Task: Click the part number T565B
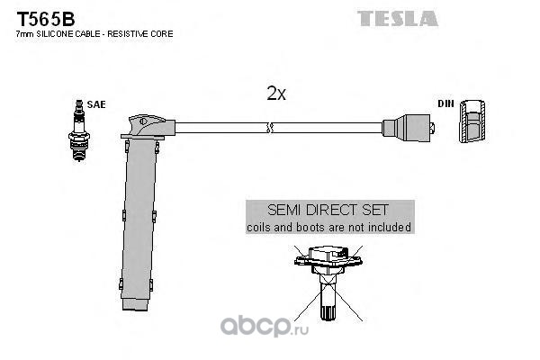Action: click(x=46, y=19)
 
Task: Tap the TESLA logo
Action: click(x=398, y=19)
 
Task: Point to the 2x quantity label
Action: click(x=276, y=93)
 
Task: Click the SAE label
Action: click(x=96, y=104)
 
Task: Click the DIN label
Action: click(x=445, y=103)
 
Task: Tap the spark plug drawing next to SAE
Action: click(x=79, y=130)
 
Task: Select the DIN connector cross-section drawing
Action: click(x=472, y=121)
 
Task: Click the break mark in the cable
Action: click(x=270, y=128)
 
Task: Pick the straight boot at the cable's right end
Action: click(x=408, y=128)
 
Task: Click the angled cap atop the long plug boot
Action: click(x=148, y=126)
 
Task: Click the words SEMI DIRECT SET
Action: click(x=328, y=210)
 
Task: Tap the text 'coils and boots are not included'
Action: click(x=328, y=228)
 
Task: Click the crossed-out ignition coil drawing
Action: click(x=328, y=283)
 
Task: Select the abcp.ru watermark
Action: click(x=265, y=327)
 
